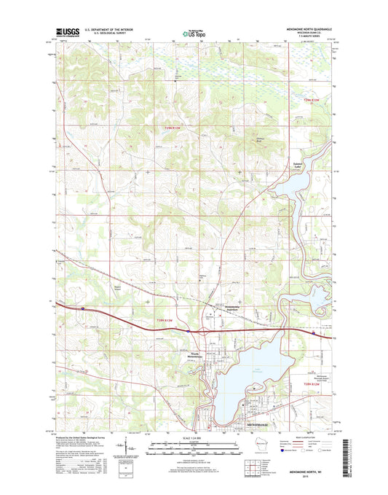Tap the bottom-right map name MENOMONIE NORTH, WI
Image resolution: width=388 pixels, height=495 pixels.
pos(307,472)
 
